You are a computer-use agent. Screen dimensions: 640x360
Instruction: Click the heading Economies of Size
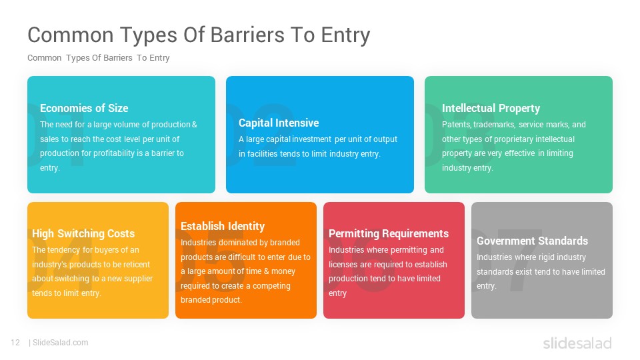(84, 108)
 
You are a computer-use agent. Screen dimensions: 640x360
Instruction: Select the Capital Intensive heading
(279, 123)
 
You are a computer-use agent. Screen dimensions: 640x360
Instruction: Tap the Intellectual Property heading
(491, 109)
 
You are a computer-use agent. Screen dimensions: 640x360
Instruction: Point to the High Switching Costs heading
(83, 233)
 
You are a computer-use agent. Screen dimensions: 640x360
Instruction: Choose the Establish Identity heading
(223, 226)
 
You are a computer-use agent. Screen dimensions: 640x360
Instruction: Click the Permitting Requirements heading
(389, 233)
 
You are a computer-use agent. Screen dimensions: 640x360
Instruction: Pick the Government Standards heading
(532, 241)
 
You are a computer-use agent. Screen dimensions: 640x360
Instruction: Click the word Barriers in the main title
(247, 35)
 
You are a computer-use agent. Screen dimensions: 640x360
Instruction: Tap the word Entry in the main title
(346, 36)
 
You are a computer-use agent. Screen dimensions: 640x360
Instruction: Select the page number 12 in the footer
(15, 343)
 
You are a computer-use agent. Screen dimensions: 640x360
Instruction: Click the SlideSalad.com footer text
(60, 343)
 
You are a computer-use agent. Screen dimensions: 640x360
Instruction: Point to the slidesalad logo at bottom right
(577, 343)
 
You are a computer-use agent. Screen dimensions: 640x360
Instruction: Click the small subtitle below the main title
(99, 58)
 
